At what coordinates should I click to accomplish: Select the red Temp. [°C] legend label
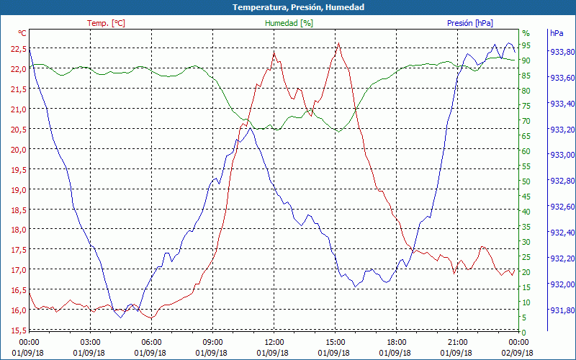click(106, 23)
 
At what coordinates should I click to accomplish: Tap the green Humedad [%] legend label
click(289, 23)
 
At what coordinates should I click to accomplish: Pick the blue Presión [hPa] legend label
click(470, 23)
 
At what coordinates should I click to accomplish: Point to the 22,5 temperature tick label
click(19, 49)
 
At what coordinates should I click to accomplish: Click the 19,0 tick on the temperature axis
click(19, 189)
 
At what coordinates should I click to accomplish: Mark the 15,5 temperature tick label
click(19, 330)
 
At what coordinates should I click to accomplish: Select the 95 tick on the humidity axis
click(526, 45)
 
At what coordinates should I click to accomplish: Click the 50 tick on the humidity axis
click(526, 181)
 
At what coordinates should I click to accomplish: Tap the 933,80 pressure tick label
click(562, 52)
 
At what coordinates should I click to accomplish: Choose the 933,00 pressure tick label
click(562, 155)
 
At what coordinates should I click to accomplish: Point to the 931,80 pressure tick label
click(562, 310)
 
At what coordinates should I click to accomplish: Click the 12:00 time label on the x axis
click(274, 342)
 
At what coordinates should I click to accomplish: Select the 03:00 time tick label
click(90, 342)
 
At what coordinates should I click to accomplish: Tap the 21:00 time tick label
click(457, 342)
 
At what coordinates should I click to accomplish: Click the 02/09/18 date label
click(518, 353)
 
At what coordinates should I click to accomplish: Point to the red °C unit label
click(22, 33)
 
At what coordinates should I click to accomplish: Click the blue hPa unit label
click(557, 33)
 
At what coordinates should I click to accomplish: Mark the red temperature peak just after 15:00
click(338, 43)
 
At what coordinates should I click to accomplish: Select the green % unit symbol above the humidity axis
click(526, 33)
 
